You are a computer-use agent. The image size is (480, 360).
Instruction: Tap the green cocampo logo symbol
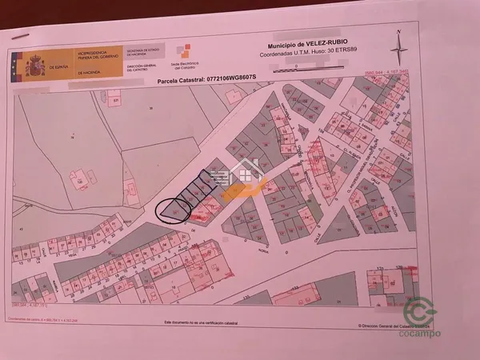421,312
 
